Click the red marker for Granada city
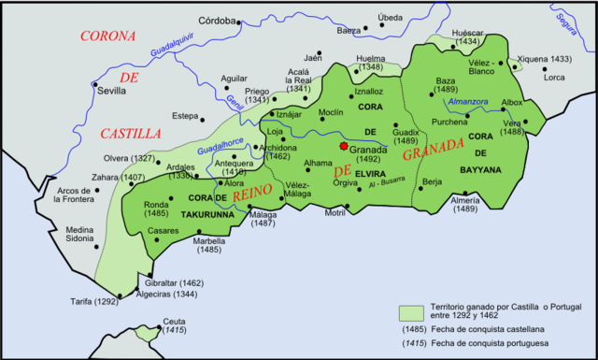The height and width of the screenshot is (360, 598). click(344, 147)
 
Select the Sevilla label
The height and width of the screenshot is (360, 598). click(114, 92)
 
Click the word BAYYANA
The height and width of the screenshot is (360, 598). click(481, 170)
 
